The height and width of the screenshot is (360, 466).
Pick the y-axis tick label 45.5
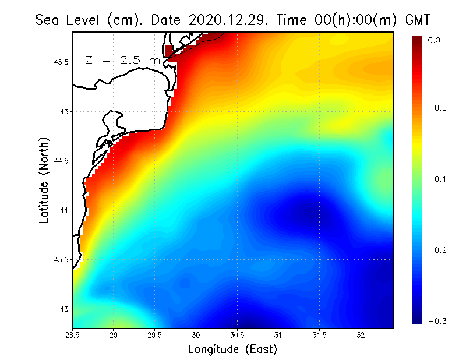pos(61,62)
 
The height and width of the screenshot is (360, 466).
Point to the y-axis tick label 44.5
pos(61,161)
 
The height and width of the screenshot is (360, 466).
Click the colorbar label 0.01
pos(437,40)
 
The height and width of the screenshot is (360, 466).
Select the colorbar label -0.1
pos(437,179)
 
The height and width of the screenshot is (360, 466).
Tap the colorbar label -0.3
pos(437,322)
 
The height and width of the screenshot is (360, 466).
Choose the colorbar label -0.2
pos(437,250)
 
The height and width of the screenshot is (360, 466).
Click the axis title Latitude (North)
pos(44,180)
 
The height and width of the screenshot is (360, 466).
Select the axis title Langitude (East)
pos(232,350)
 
